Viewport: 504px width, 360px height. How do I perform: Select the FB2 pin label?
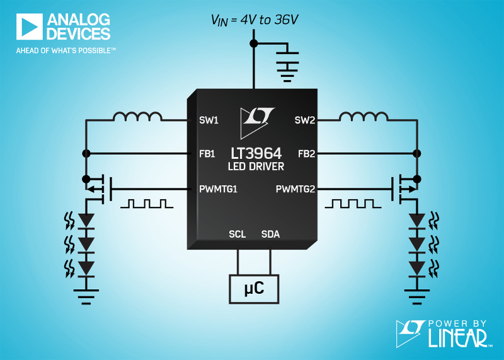[306, 153]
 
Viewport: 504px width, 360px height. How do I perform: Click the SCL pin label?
[238, 235]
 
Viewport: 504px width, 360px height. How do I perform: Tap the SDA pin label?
[270, 235]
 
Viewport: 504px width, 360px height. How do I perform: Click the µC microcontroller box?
[253, 289]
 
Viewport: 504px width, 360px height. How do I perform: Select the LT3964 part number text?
[256, 153]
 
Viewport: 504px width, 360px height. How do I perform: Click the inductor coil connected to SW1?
[137, 117]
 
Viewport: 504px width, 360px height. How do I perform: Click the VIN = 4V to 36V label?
[255, 20]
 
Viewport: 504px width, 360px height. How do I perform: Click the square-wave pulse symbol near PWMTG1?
[147, 204]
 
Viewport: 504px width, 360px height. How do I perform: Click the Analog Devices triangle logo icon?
[29, 27]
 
